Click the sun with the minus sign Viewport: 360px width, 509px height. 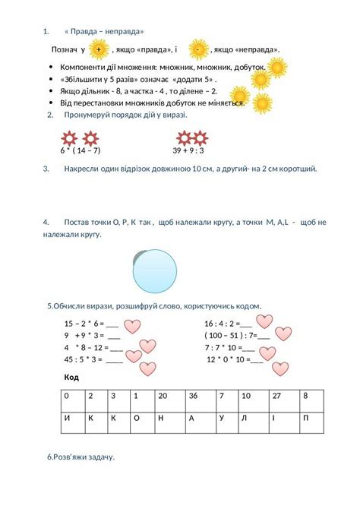coord(197,50)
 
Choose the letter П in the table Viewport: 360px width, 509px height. coord(311,418)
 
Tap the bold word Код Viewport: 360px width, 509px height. coord(71,377)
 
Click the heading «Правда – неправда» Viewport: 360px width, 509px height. coord(104,31)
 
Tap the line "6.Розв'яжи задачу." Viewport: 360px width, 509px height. coord(81,457)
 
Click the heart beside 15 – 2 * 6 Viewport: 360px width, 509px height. coord(133,326)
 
